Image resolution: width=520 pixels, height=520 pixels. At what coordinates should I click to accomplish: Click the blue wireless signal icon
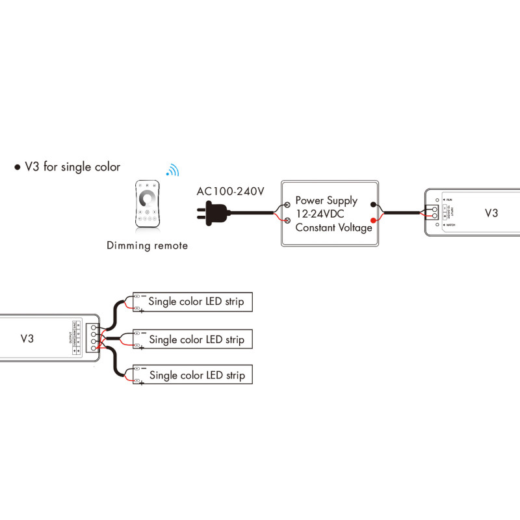pos(172,170)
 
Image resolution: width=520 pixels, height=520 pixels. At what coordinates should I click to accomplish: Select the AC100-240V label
pos(231,192)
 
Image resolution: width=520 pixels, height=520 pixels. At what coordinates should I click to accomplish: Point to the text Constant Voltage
pos(333,227)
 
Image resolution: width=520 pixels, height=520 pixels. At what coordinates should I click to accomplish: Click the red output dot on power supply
pos(372,219)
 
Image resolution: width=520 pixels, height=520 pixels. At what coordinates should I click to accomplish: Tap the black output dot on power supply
pos(372,203)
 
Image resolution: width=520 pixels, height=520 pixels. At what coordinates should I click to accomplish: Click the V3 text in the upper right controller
pos(492,213)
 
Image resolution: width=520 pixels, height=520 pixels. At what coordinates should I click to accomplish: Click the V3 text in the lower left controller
pos(27,338)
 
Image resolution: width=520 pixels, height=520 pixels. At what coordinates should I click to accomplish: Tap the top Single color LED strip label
pos(197,302)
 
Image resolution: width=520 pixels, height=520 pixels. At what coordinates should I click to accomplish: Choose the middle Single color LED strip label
pos(197,339)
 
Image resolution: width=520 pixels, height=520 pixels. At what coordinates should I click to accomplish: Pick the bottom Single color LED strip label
pos(197,376)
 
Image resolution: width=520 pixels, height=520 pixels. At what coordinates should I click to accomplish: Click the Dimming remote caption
pos(148,246)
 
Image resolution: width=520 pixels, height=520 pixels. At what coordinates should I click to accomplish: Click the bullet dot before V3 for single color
pos(18,168)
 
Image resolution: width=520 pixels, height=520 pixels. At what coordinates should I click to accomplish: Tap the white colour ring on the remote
pos(148,196)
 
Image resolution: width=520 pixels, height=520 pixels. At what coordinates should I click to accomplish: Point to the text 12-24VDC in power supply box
pos(320,214)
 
